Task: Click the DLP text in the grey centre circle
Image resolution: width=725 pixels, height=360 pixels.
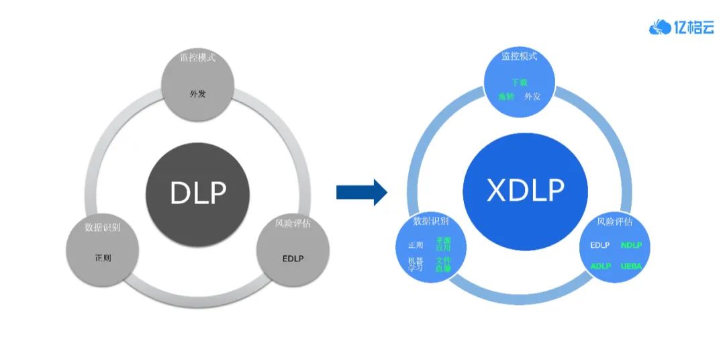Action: [x=198, y=193]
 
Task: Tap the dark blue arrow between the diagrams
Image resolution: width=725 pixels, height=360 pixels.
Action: [x=361, y=192]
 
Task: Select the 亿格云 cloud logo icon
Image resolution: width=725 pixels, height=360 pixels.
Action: [x=661, y=27]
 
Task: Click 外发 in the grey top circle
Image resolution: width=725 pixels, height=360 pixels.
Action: [x=197, y=93]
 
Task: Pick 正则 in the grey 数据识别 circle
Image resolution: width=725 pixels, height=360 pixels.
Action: [x=103, y=257]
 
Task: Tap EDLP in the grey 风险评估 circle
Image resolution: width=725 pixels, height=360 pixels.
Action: [x=293, y=257]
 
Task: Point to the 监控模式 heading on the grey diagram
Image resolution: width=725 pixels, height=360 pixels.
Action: [x=197, y=57]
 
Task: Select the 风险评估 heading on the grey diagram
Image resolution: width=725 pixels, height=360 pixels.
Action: [x=293, y=223]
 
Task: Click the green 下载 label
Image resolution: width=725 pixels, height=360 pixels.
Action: [x=520, y=82]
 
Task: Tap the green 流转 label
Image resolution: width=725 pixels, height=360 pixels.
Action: [x=506, y=97]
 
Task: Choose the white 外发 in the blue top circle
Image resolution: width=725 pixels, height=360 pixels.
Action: [x=532, y=97]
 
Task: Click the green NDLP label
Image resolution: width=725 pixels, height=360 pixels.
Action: [x=631, y=245]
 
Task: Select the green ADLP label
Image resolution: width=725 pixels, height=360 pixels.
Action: [x=600, y=266]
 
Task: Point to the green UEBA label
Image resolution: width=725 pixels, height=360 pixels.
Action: [x=631, y=266]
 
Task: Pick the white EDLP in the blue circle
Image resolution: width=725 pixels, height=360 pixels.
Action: [x=600, y=245]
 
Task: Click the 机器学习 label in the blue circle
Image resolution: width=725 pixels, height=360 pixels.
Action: [x=416, y=264]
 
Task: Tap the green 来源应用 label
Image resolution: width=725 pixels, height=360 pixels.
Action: [x=443, y=243]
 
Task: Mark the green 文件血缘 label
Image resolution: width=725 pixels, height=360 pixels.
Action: [x=443, y=264]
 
